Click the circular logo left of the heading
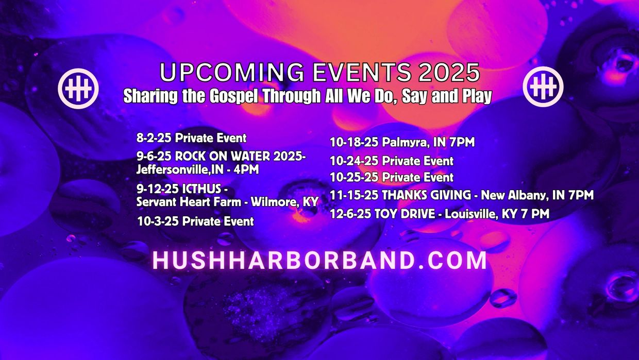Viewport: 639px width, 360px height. (78, 89)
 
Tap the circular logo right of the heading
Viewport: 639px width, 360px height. (543, 87)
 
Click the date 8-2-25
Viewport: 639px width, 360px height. (154, 138)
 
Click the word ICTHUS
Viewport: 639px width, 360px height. (201, 188)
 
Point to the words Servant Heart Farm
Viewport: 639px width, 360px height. (189, 202)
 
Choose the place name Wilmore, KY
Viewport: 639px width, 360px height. (284, 202)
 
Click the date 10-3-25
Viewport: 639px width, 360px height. (158, 221)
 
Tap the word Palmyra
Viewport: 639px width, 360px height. (405, 142)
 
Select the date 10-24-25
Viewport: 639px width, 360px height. (354, 161)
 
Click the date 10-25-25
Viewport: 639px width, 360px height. (354, 177)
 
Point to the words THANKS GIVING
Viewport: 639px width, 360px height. (426, 195)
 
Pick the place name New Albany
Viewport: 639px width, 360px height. (515, 196)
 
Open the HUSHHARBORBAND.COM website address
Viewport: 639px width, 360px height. (320, 260)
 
